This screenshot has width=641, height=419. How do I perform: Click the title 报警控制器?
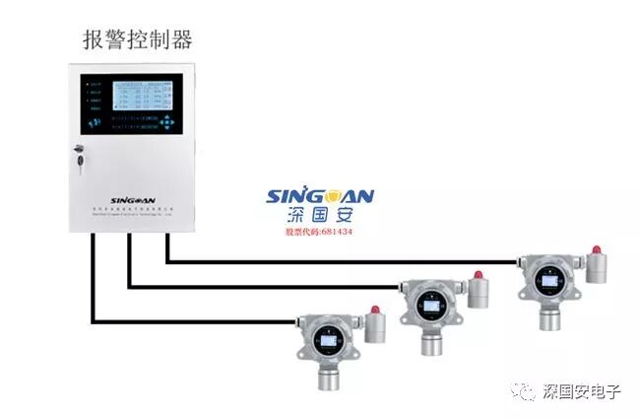point(137,39)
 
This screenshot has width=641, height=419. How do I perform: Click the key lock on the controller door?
point(79,156)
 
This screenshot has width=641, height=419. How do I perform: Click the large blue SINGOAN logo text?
point(320,196)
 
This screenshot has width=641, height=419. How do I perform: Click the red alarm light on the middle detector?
point(480,275)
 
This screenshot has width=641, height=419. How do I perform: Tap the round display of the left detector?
point(326,341)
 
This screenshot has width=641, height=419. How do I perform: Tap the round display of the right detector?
point(545,279)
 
